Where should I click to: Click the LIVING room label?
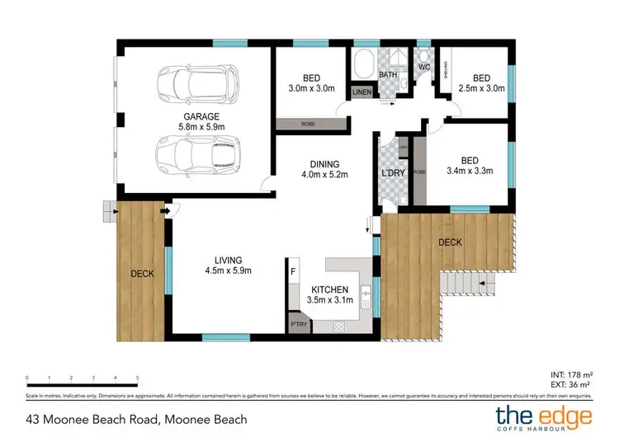click(229, 265)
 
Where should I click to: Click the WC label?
click(425, 67)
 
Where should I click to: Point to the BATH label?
click(388, 75)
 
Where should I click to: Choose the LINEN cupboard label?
click(362, 92)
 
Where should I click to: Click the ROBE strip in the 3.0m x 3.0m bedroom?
click(307, 124)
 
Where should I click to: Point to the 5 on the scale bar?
click(137, 378)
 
